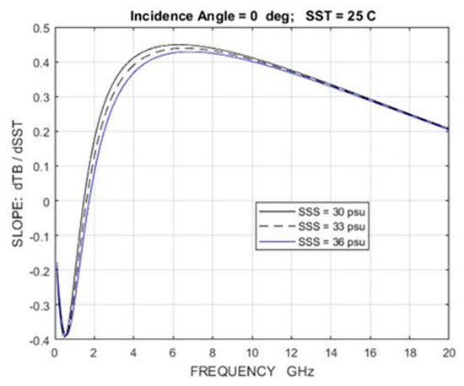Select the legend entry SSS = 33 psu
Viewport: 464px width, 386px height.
pos(332,226)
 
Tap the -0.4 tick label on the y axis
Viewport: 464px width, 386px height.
pos(38,340)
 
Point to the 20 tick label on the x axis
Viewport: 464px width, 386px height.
pos(449,353)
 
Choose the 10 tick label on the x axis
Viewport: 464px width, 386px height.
pos(251,353)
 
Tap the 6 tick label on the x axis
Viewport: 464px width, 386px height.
pos(173,353)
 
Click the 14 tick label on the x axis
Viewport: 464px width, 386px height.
pos(331,353)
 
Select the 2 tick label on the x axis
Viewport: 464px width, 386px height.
pos(94,353)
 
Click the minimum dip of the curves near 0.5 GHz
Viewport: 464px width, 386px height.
pos(65,334)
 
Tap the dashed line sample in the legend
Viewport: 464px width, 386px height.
pos(277,226)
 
